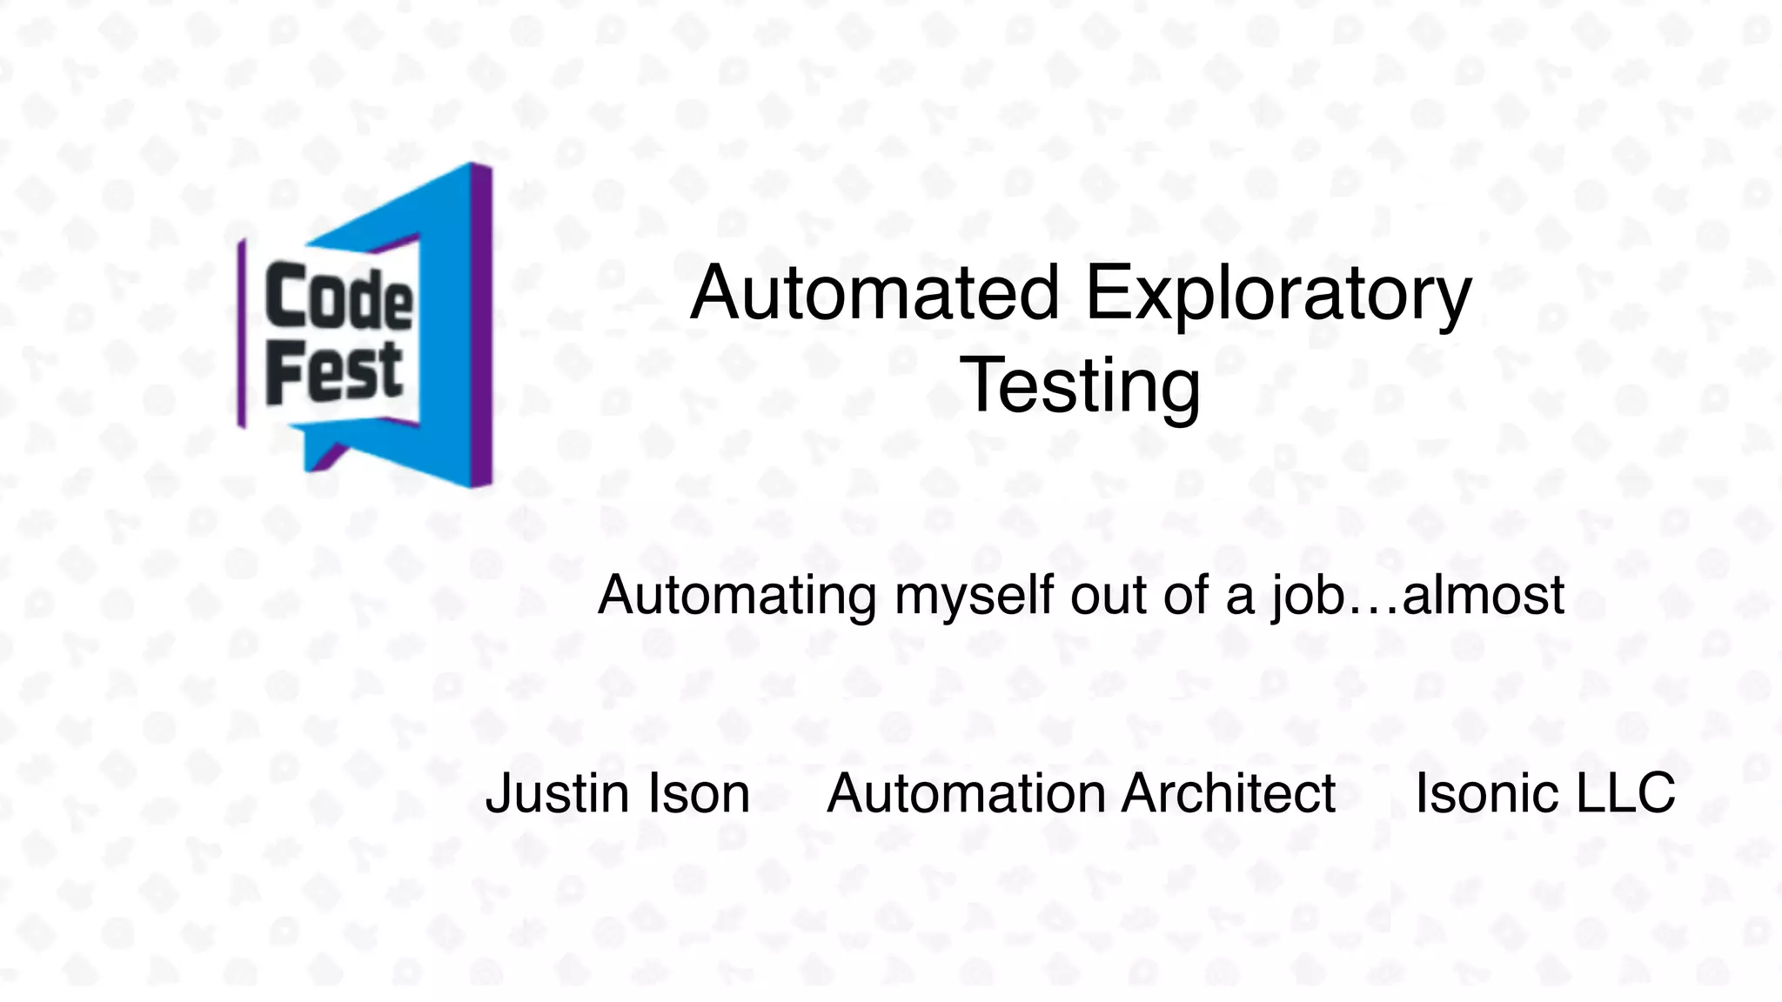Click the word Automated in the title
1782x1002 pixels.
874,293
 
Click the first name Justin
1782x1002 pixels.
557,794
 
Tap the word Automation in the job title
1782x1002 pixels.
965,794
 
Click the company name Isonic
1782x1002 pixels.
1489,794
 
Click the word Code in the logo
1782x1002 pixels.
338,297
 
